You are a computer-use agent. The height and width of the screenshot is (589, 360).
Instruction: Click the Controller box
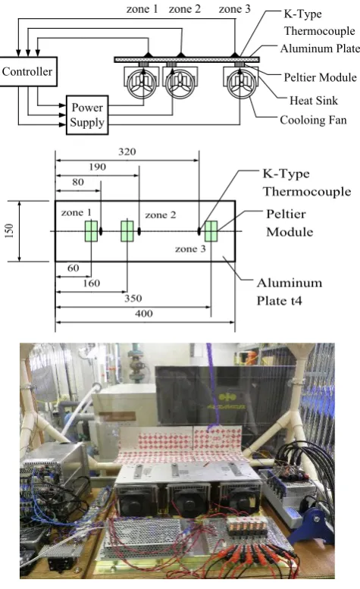pos(28,71)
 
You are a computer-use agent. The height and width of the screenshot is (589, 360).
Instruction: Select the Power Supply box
pos(87,115)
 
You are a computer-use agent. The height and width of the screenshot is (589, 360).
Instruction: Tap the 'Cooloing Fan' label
pos(313,120)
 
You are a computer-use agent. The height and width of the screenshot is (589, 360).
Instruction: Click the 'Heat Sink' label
pos(314,100)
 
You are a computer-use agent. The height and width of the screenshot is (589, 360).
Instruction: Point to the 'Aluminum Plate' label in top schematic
pos(320,49)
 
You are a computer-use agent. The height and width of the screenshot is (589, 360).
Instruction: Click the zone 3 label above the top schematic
pos(235,8)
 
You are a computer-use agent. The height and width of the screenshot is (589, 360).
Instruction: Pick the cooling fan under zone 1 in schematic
pos(142,83)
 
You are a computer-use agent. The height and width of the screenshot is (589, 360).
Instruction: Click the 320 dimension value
pos(127,152)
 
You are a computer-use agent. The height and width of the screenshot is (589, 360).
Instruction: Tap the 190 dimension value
pos(97,167)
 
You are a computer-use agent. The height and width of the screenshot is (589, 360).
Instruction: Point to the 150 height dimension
pos(10,230)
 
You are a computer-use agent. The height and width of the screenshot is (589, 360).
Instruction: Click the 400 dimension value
pos(144,313)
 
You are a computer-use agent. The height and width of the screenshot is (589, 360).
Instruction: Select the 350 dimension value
pos(133,298)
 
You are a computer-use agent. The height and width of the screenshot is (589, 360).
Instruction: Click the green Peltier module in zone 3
pos(211,231)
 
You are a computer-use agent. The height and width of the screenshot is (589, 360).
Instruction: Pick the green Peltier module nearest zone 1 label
pos(91,231)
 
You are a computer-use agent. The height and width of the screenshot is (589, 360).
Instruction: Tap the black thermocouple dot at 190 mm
pos(139,231)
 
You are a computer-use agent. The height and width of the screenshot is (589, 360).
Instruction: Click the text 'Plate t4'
pos(280,300)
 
